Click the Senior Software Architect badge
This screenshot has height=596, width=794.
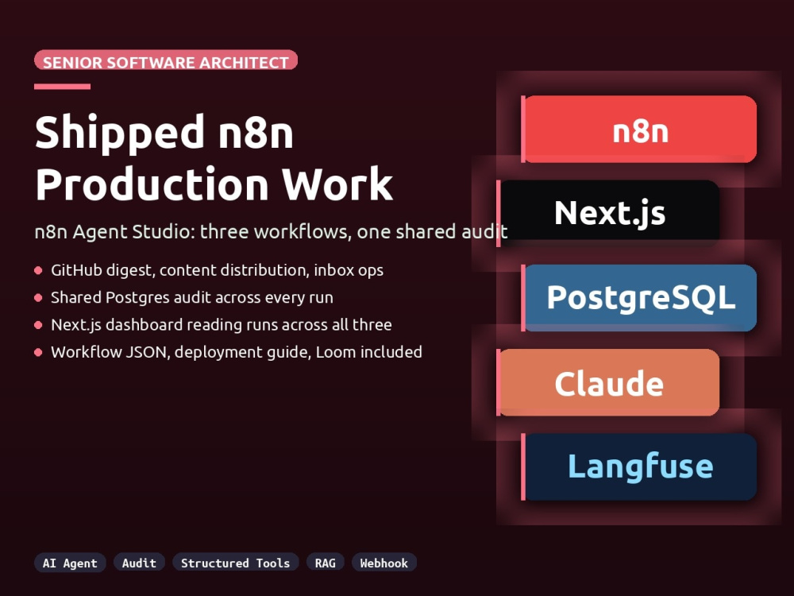[166, 60]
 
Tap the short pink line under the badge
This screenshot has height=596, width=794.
[62, 87]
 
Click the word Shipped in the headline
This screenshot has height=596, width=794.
[120, 134]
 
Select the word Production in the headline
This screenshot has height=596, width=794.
[152, 184]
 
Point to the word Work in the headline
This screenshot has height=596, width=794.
[337, 184]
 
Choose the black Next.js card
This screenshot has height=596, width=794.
[609, 213]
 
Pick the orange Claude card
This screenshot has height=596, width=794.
[609, 383]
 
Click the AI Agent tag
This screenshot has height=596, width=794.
[70, 563]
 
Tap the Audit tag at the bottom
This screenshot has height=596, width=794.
[139, 563]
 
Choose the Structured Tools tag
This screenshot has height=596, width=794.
[236, 563]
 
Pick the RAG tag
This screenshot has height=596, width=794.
[325, 563]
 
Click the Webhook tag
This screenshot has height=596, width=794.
[384, 563]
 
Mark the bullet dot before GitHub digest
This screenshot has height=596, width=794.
[38, 271]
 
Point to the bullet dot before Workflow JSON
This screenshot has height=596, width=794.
[38, 352]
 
